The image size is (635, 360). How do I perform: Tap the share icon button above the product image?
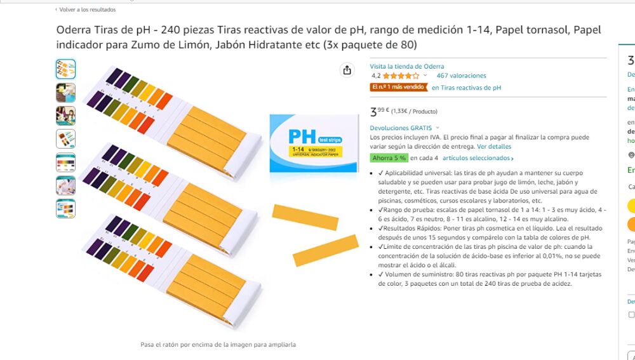coord(347,70)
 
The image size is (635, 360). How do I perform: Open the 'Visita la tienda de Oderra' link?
coord(407,66)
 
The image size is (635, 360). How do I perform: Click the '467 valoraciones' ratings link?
coord(461,76)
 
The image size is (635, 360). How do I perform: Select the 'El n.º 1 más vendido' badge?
coord(398,88)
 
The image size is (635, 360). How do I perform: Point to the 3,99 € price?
coord(380,112)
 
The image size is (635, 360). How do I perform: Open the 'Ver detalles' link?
coord(494,146)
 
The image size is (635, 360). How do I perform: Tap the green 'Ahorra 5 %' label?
coord(389,158)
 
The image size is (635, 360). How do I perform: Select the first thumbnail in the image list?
coord(65,69)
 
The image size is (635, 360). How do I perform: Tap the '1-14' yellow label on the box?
coord(297,149)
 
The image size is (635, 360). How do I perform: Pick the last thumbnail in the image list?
coord(65,208)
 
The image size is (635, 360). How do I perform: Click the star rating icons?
coord(401,76)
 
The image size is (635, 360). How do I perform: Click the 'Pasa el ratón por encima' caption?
coord(218,345)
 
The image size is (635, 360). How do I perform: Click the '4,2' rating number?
coord(376,76)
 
